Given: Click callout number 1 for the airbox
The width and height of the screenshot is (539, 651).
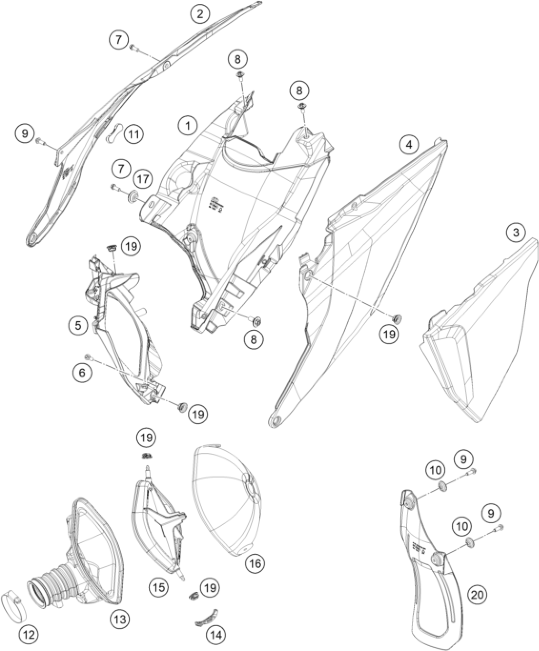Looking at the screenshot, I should (x=187, y=126).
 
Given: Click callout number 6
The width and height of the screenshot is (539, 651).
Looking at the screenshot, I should (x=82, y=373).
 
